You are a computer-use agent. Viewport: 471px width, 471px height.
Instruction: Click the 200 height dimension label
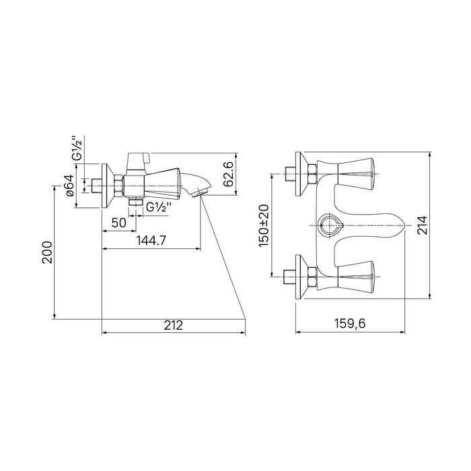47,252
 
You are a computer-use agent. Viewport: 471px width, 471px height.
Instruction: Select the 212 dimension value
174,325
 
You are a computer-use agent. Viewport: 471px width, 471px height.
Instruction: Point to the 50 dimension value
118,223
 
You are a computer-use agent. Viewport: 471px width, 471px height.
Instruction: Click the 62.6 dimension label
230,174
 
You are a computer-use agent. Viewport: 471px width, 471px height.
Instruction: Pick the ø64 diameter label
69,185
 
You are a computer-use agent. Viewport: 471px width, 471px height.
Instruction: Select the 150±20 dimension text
264,225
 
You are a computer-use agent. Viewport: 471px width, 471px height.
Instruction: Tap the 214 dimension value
423,225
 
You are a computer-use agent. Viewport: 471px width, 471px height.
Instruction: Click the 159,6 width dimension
350,324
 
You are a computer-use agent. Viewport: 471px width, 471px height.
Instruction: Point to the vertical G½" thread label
77,148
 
